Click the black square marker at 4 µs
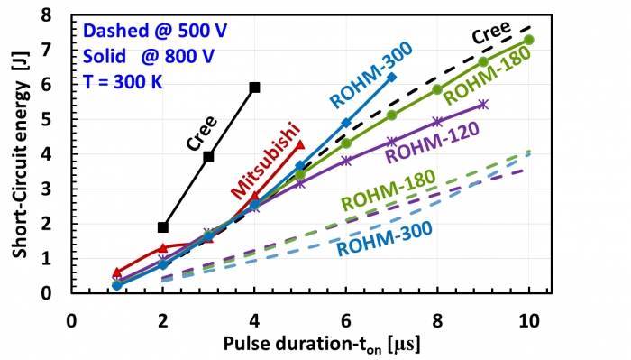click(x=255, y=88)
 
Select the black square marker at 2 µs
click(x=163, y=227)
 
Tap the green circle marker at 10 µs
click(x=529, y=40)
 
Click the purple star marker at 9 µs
click(x=483, y=105)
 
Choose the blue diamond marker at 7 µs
click(x=391, y=78)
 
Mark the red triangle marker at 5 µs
click(x=300, y=144)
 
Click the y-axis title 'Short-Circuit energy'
click(x=20, y=153)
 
